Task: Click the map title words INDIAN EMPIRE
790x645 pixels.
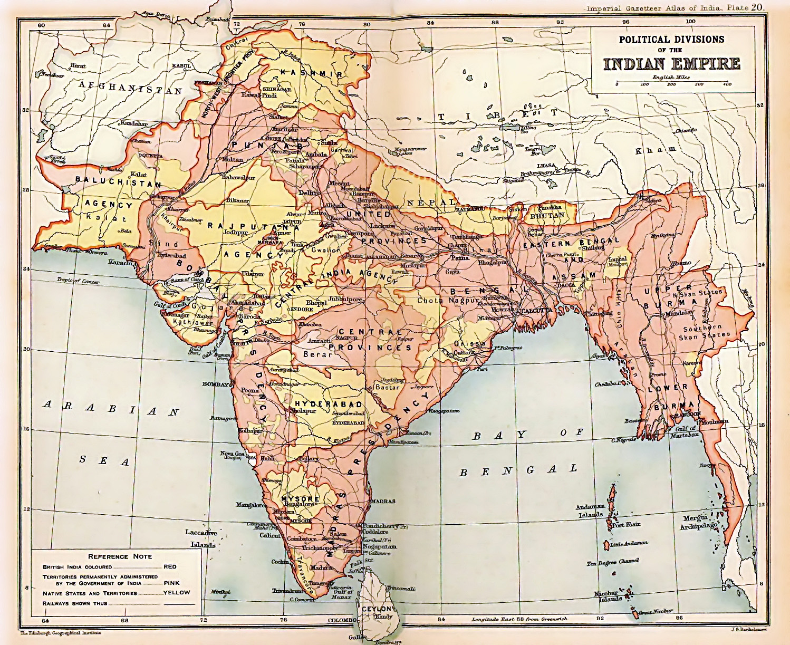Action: pyautogui.click(x=672, y=63)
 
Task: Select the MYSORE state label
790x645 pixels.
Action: pyautogui.click(x=300, y=498)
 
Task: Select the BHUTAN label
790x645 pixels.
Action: pyautogui.click(x=547, y=215)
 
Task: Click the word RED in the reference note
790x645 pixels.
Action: pyautogui.click(x=170, y=566)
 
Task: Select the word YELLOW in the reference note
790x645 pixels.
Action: pyautogui.click(x=177, y=592)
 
